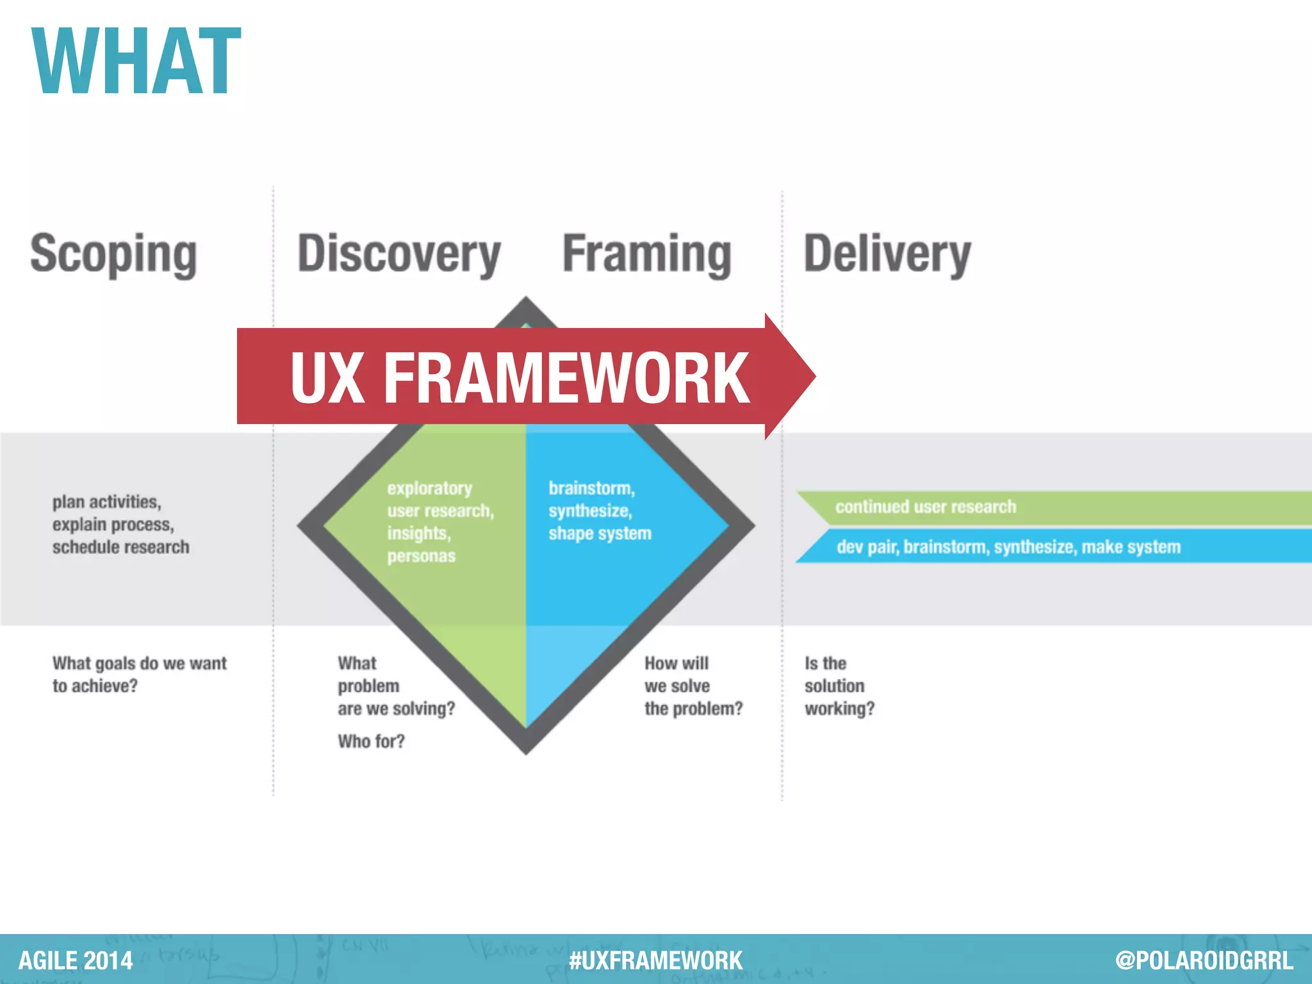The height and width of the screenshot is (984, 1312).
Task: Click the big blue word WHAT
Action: click(x=136, y=62)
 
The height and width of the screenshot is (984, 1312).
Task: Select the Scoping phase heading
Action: click(x=113, y=254)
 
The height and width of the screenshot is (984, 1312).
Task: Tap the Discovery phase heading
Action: click(x=398, y=254)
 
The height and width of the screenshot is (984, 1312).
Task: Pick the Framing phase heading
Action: click(x=646, y=254)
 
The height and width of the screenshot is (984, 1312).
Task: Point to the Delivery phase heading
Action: click(x=887, y=254)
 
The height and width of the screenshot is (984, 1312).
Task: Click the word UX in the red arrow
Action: click(x=327, y=379)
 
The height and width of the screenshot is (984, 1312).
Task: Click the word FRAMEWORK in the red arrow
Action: click(x=566, y=379)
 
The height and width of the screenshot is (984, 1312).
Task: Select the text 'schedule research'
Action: click(x=121, y=547)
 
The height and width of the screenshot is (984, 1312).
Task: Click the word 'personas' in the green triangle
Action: click(x=421, y=556)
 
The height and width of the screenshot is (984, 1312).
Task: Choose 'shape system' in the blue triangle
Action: click(x=600, y=534)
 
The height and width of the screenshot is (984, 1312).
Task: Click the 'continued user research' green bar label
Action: click(x=926, y=507)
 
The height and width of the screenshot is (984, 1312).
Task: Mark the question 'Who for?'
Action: click(x=372, y=741)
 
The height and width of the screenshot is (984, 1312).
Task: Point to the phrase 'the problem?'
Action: click(x=693, y=709)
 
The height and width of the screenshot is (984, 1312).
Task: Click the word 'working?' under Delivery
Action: click(x=839, y=709)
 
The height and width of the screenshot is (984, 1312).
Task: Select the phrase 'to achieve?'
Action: click(x=95, y=686)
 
